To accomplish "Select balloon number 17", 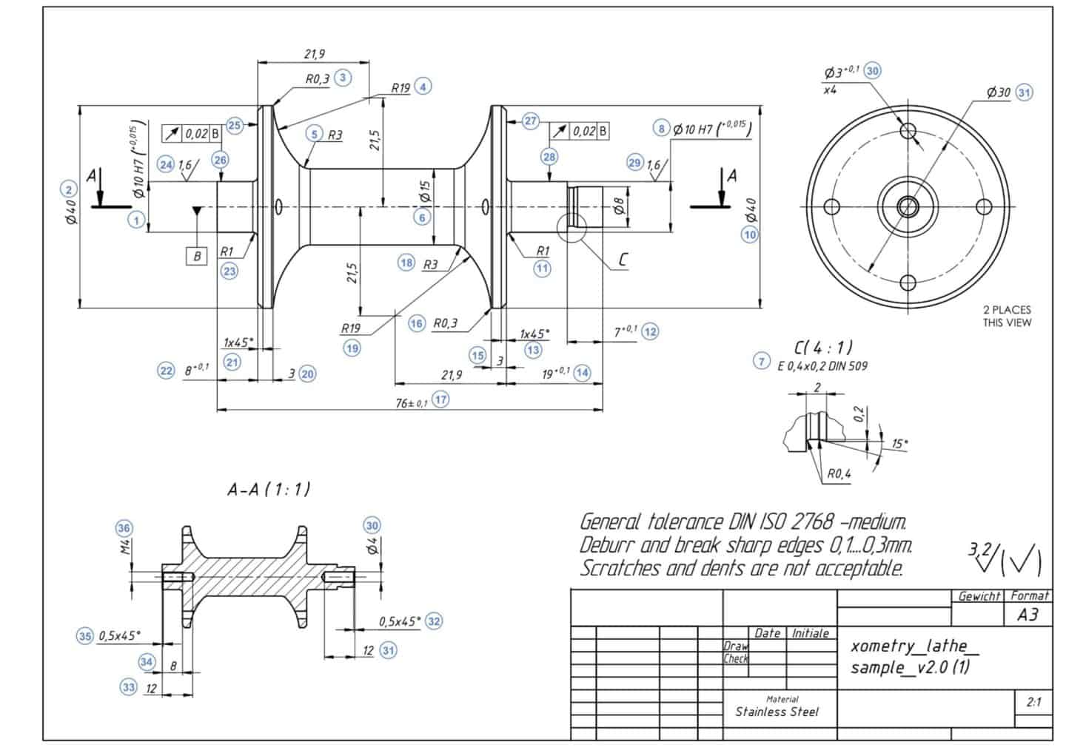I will [x=441, y=399].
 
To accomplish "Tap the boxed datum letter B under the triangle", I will [x=197, y=256].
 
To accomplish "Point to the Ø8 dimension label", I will [x=620, y=205].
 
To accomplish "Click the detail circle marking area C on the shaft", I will [x=571, y=226].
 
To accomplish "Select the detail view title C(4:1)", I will [x=822, y=346].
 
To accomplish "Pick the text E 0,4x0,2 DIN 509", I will [x=822, y=365].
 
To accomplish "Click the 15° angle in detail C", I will [x=899, y=444].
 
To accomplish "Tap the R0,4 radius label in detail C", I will [x=839, y=473].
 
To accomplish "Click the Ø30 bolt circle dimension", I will [x=999, y=92].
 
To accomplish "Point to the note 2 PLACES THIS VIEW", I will [x=1007, y=316].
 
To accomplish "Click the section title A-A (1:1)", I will [x=269, y=489].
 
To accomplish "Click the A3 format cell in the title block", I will [x=1028, y=615].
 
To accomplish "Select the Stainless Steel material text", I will [x=777, y=712].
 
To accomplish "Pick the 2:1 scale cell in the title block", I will [x=1033, y=702].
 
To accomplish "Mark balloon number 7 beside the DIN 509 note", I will [x=761, y=361].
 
